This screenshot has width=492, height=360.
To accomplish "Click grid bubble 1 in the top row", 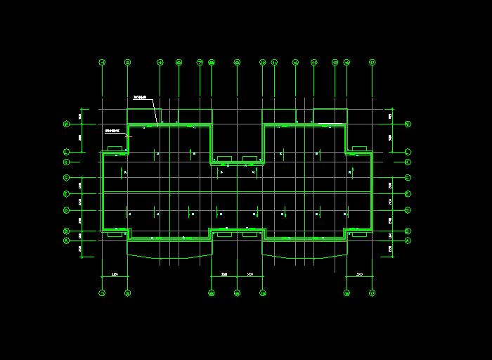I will [103, 63].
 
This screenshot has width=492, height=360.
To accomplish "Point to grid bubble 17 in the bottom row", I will [372, 292].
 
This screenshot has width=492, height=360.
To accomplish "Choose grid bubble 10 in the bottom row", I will [262, 292].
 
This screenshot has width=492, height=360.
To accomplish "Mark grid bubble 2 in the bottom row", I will [127, 292].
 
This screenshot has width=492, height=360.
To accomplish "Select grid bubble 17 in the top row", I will [372, 63].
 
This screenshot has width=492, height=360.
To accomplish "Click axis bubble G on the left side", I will [66, 178].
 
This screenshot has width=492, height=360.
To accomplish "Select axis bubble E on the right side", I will [408, 193].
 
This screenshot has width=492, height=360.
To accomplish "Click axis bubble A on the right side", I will [408, 240].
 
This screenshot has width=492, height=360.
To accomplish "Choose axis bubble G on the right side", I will [408, 178].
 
